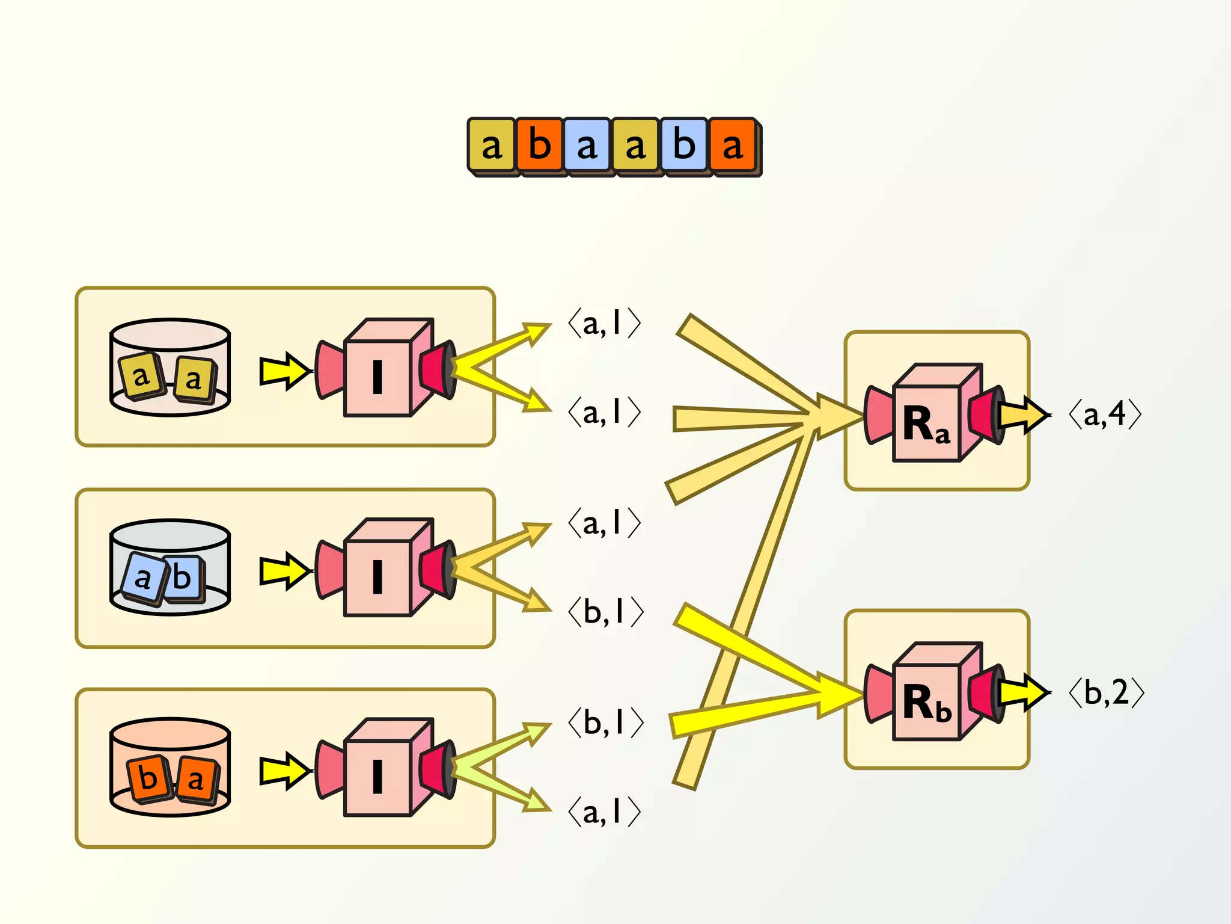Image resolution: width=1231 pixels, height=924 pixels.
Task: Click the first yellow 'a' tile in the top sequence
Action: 492,145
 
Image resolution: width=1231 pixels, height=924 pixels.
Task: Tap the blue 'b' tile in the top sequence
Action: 684,145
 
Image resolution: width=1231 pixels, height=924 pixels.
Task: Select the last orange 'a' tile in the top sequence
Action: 732,145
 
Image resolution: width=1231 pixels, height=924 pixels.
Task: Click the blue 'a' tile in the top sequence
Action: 587,145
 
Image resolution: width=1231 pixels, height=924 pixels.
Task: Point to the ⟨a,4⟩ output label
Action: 1105,414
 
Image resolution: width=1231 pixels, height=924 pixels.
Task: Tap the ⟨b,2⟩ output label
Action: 1106,693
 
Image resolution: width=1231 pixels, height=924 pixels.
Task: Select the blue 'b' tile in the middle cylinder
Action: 182,578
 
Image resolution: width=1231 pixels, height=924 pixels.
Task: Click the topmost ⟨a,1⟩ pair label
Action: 604,324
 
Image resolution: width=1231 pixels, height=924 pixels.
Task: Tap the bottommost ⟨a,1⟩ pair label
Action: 604,812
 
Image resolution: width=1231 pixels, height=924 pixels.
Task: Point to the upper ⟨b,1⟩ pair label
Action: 605,612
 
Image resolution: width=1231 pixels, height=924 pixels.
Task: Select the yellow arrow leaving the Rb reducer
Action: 1022,693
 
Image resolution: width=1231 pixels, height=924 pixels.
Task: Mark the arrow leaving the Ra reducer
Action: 1022,414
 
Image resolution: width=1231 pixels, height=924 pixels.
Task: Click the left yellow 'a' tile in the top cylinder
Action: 141,377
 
